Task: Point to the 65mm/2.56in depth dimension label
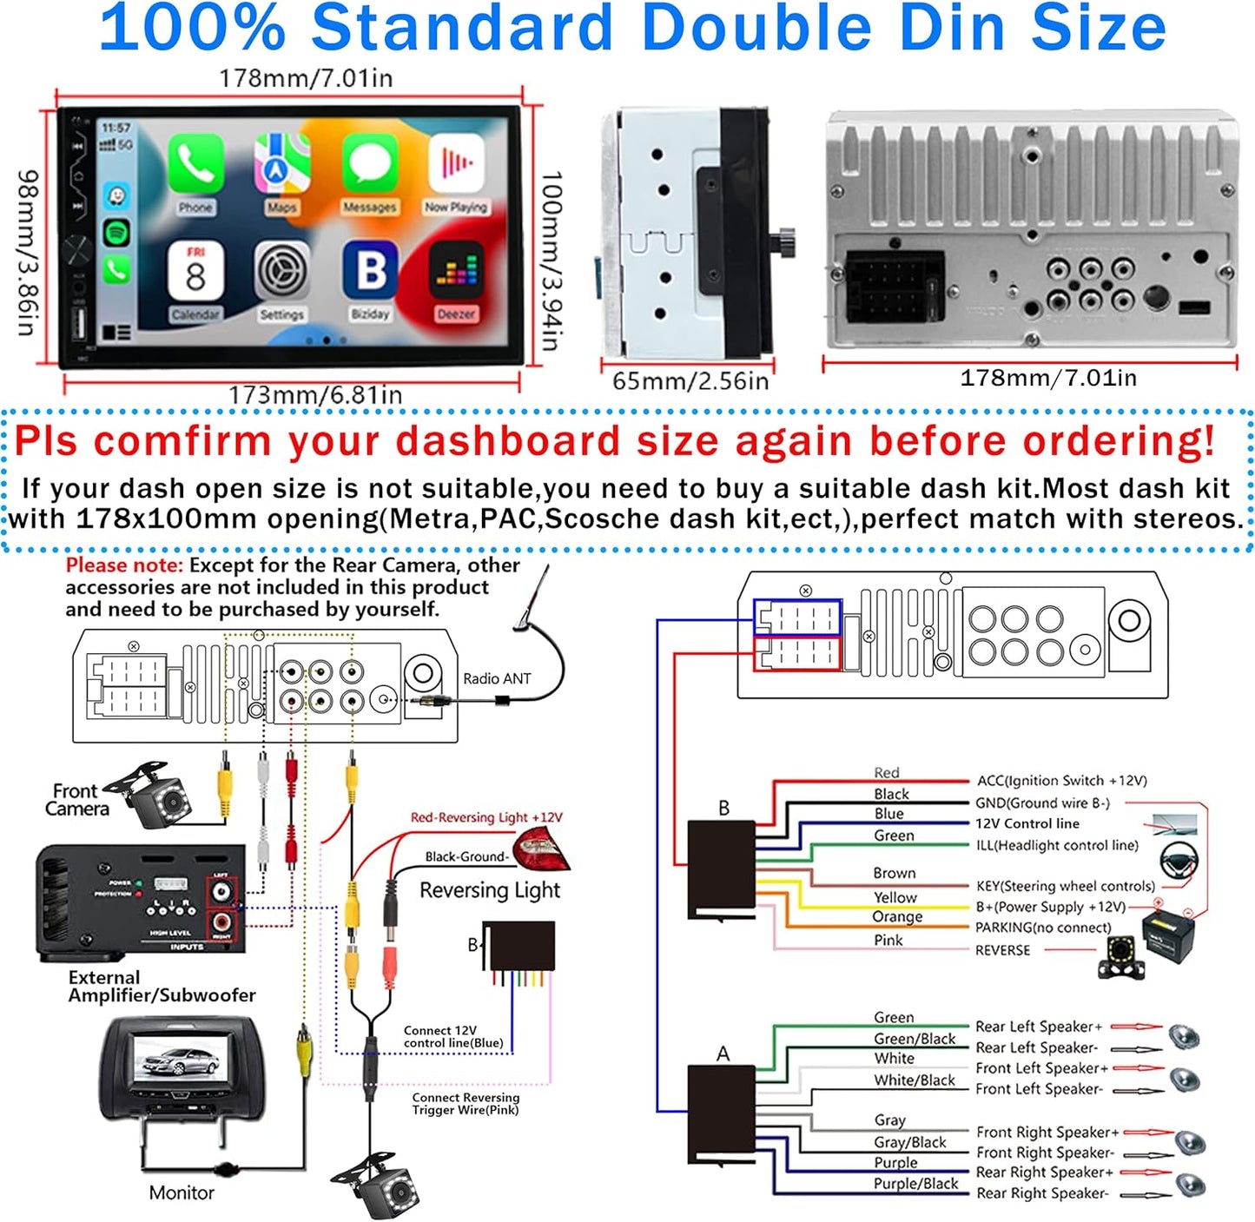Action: coord(690,381)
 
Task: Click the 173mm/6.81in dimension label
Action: coord(315,395)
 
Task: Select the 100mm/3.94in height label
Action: coord(551,261)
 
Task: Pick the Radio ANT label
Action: coord(496,679)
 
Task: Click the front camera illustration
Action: coord(156,795)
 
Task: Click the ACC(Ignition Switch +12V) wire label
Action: coord(1061,781)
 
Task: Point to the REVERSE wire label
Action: coord(1002,950)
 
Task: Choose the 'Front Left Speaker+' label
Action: coord(1041,1068)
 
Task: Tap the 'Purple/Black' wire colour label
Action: coord(915,1184)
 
